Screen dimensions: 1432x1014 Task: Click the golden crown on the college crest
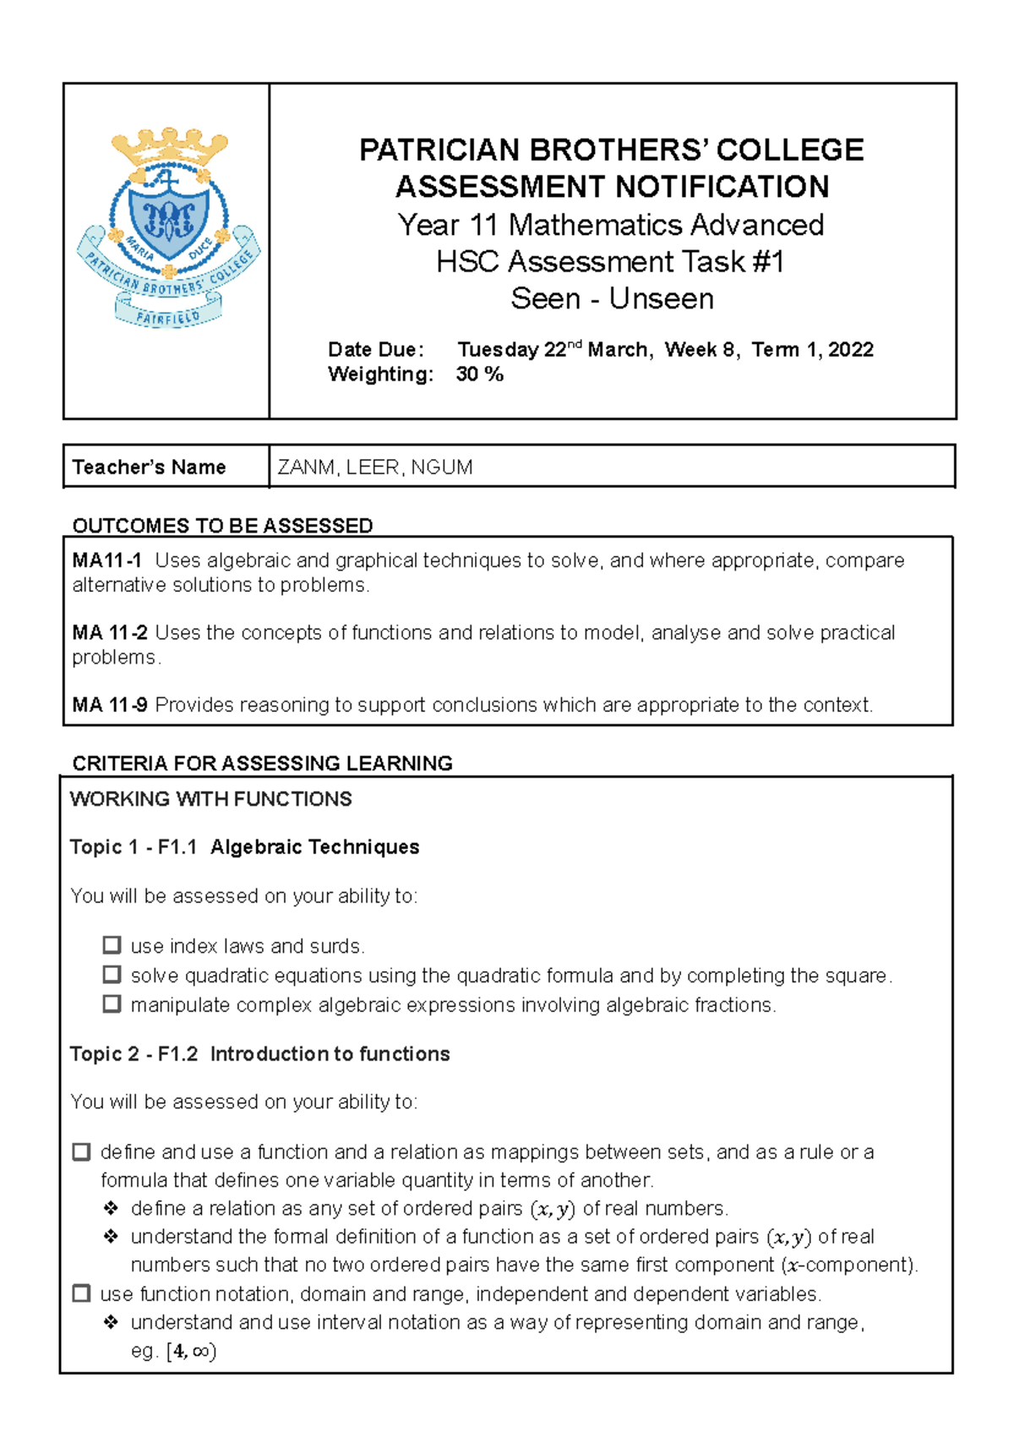(170, 147)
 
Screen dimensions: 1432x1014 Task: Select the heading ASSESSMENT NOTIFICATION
(612, 187)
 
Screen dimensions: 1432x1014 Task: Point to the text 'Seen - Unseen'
(612, 298)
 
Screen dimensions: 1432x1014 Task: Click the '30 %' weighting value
(479, 374)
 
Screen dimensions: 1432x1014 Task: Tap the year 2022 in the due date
(850, 350)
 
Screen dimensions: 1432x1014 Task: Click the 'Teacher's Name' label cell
(150, 467)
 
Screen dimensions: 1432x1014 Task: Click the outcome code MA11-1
(106, 560)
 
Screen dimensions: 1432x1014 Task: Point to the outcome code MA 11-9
(109, 705)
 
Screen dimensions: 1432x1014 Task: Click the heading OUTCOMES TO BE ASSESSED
(222, 526)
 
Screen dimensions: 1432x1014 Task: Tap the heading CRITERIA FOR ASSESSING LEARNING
(262, 763)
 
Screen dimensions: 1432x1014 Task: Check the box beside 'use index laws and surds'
(112, 945)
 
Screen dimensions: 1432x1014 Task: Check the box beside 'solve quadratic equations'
(112, 975)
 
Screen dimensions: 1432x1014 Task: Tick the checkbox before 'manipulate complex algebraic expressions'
(112, 1004)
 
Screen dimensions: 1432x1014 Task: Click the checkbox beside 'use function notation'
(82, 1293)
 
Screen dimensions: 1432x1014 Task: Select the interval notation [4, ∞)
(192, 1351)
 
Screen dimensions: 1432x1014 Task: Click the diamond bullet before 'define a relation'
(111, 1208)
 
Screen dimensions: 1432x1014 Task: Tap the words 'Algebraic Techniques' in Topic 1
(314, 847)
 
